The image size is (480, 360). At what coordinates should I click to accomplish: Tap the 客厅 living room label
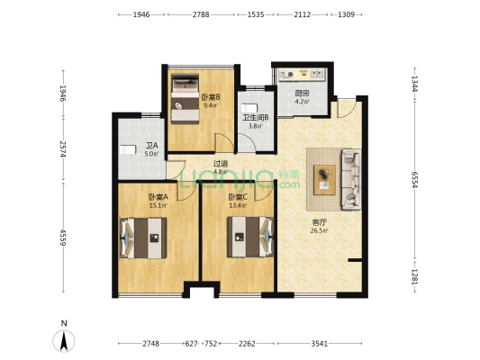(320, 221)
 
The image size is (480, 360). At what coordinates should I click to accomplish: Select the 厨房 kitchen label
(302, 94)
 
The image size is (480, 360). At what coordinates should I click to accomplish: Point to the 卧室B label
(211, 97)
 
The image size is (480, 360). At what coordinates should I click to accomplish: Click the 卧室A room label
(158, 197)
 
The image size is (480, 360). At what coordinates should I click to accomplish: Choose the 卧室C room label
(238, 197)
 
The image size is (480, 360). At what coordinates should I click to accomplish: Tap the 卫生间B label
(256, 118)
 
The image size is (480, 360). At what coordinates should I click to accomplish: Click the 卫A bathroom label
(151, 146)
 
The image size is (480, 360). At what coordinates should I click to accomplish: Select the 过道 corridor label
(221, 164)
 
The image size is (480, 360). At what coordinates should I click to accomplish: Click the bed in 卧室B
(185, 99)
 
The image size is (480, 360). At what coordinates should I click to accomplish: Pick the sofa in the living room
(351, 179)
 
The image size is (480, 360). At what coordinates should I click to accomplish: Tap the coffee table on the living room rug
(324, 180)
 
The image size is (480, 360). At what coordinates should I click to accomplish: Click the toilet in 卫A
(127, 150)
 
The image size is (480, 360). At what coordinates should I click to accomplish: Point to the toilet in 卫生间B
(249, 109)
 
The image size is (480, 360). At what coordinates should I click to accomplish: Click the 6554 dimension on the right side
(414, 180)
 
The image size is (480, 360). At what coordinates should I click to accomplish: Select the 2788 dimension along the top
(201, 14)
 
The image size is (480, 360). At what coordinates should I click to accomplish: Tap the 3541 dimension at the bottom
(320, 344)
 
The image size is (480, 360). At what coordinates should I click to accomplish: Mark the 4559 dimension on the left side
(63, 238)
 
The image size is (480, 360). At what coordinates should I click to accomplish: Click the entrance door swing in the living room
(347, 108)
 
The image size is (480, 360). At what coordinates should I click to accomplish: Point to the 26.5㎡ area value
(320, 230)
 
